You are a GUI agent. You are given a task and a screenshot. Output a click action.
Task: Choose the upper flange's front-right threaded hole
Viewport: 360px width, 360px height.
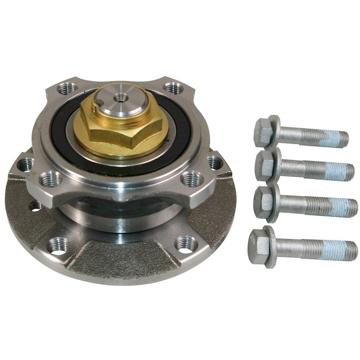(192, 178)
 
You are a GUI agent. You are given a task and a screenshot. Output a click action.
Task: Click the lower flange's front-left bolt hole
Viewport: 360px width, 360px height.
(58, 245)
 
